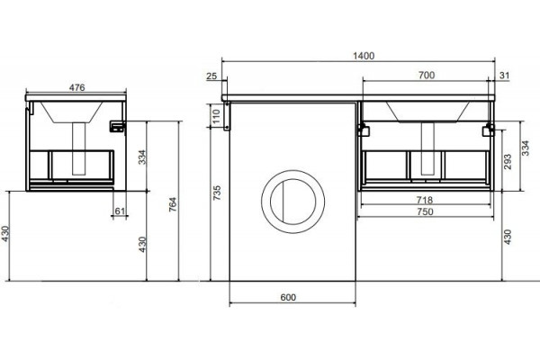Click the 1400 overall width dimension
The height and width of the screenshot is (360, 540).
[x=364, y=56]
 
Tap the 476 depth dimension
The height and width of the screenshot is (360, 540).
[x=76, y=87]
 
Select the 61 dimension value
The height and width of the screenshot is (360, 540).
[x=120, y=211]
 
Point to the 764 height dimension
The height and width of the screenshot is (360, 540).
[x=172, y=204]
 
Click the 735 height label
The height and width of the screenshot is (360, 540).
[x=216, y=193]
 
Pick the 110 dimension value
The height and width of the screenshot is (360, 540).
[x=216, y=116]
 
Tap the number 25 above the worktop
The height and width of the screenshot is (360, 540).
[x=211, y=76]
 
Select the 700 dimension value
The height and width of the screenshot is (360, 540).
[x=427, y=75]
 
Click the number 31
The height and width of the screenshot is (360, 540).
[x=504, y=75]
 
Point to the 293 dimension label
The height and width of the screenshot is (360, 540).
[x=508, y=162]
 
